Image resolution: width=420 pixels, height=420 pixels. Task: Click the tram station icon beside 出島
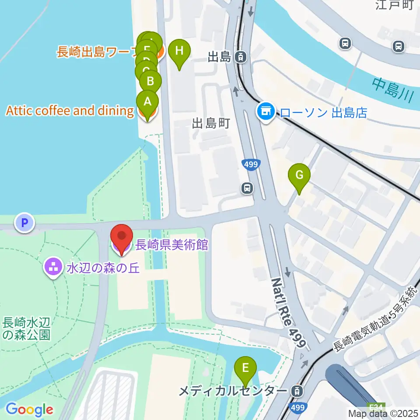pos(240,56)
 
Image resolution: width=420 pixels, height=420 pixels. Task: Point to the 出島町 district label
pos(211,123)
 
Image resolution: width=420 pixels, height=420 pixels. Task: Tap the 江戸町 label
pos(394,5)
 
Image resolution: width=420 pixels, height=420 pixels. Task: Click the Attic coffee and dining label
pos(70,111)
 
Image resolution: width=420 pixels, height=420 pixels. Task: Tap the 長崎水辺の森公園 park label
pos(27,329)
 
